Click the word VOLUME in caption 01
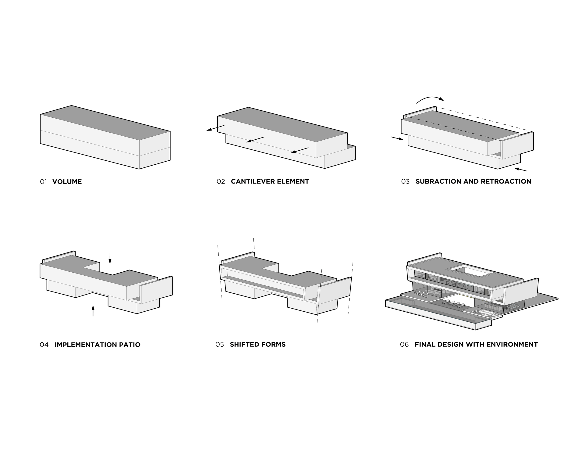(x=67, y=182)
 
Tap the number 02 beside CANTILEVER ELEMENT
(x=221, y=181)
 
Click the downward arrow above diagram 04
(x=110, y=258)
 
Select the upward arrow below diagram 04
(x=93, y=310)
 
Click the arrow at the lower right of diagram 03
(x=520, y=169)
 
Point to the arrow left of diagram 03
(x=397, y=139)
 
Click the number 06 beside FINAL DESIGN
(x=404, y=345)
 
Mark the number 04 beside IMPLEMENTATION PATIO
(x=44, y=345)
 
